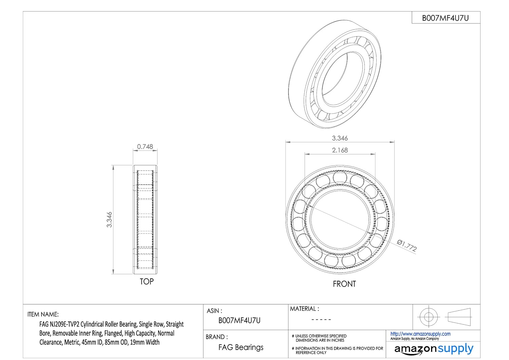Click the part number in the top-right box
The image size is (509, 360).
click(x=445, y=18)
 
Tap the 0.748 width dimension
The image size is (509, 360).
click(x=145, y=147)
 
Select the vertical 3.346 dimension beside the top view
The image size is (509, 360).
click(x=109, y=219)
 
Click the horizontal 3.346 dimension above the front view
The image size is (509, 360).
click(x=340, y=138)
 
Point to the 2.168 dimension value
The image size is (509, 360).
click(x=340, y=150)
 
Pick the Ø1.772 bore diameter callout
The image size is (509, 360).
click(x=407, y=246)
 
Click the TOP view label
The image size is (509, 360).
click(x=147, y=282)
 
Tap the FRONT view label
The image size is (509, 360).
click(x=344, y=284)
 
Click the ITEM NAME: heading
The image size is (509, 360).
click(x=43, y=314)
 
